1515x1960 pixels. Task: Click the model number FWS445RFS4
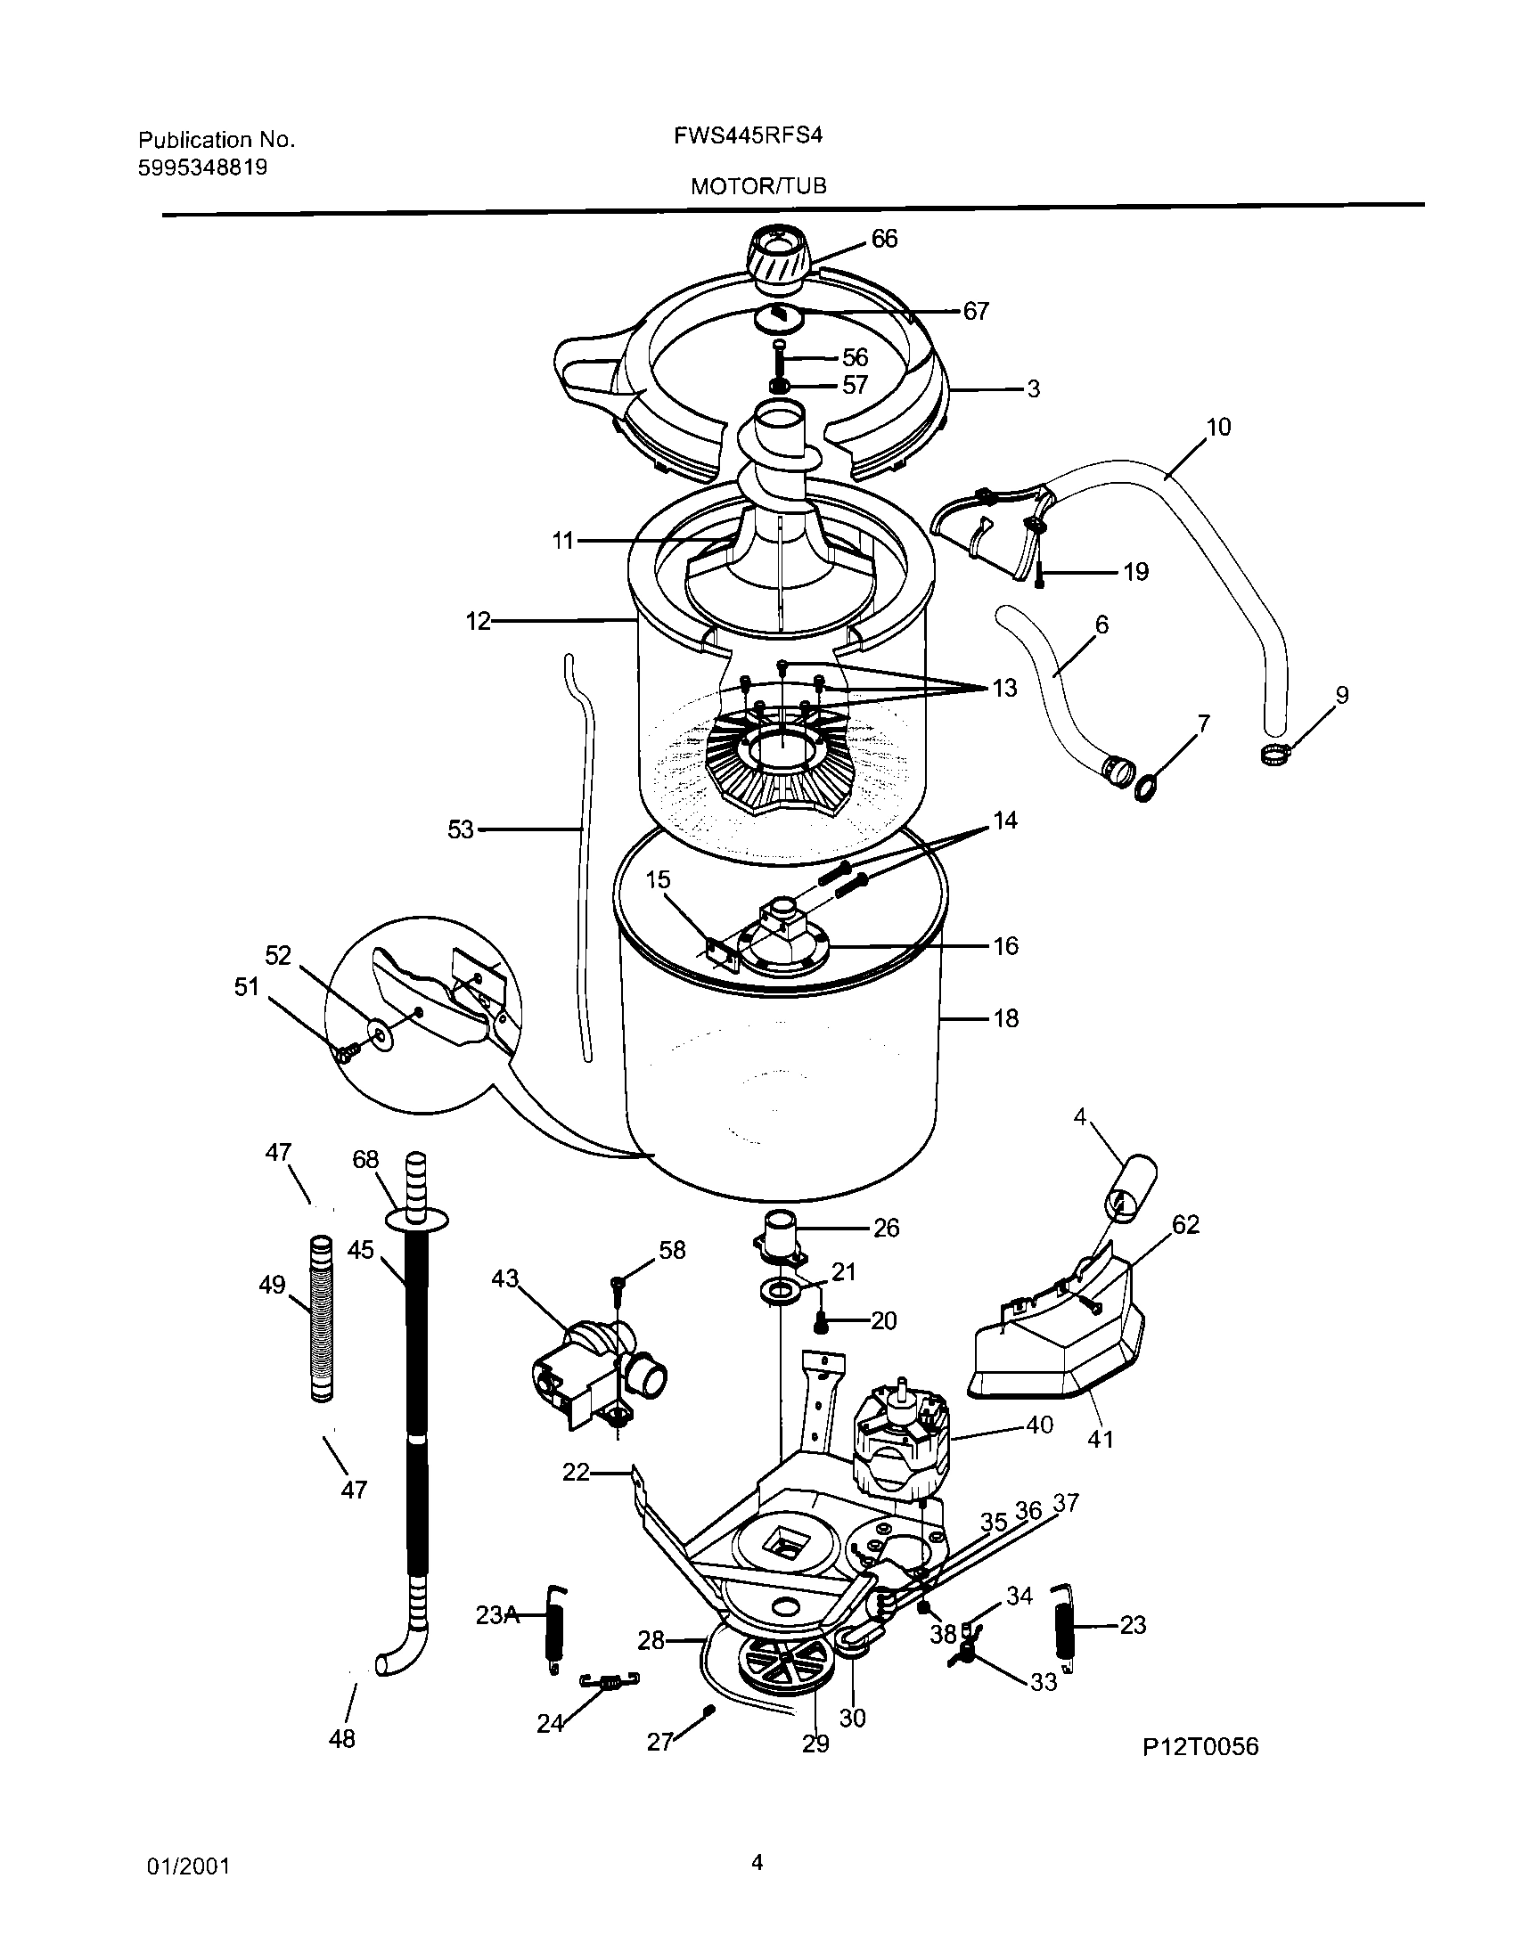click(748, 135)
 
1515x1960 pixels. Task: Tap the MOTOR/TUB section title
click(758, 186)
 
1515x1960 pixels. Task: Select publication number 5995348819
click(203, 167)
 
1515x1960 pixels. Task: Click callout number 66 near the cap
click(884, 239)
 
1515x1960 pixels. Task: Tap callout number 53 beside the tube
click(461, 830)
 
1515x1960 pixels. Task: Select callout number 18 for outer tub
click(1005, 1017)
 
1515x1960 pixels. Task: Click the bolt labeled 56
click(778, 361)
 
